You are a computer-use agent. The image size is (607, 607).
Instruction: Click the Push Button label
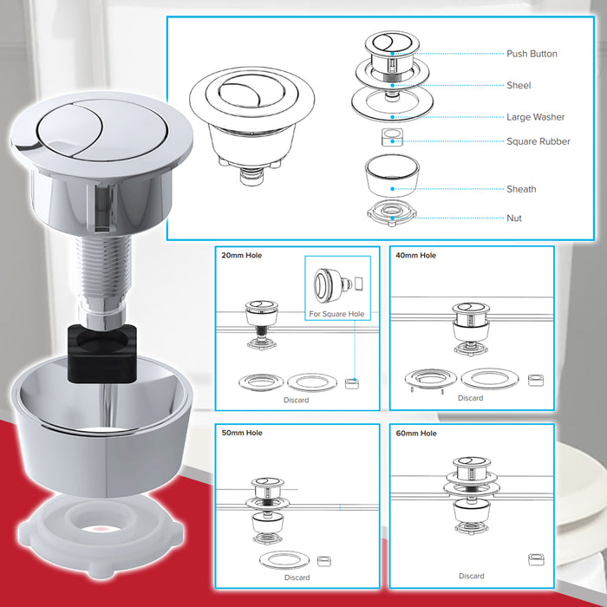(x=532, y=54)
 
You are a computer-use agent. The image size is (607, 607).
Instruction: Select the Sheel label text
(x=519, y=86)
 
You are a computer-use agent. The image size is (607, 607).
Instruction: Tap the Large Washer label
(x=535, y=117)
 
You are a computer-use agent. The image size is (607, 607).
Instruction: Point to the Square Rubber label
(x=538, y=141)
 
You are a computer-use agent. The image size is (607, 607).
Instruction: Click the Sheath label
(x=521, y=189)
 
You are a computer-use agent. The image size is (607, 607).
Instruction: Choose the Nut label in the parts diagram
(x=515, y=219)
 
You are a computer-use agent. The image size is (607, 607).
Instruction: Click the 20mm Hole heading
(x=242, y=256)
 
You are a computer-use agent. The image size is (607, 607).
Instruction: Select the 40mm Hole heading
(x=417, y=256)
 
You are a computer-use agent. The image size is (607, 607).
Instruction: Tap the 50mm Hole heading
(x=242, y=433)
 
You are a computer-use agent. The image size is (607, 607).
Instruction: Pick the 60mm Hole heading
(x=417, y=433)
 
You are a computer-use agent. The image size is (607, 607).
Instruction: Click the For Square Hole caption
(x=337, y=314)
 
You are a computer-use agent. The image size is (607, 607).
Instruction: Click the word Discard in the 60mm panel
(x=471, y=576)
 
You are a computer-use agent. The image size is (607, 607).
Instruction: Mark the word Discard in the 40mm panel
(x=471, y=398)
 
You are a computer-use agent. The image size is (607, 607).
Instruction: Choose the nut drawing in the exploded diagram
(x=392, y=212)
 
